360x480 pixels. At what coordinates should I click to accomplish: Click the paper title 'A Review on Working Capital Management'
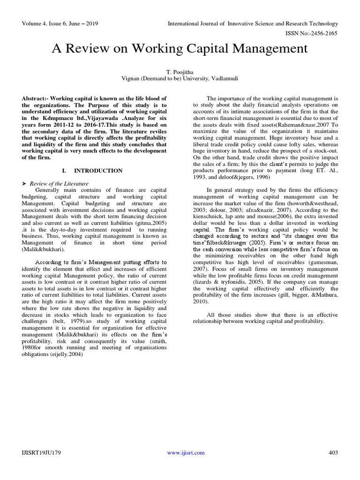pos(180,49)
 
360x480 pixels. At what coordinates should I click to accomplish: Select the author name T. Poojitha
pos(180,72)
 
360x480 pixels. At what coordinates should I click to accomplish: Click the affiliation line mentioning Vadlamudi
pos(180,79)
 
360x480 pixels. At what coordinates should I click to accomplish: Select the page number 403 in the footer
pos(333,453)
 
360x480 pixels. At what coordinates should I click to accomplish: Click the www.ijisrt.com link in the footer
pos(186,453)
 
